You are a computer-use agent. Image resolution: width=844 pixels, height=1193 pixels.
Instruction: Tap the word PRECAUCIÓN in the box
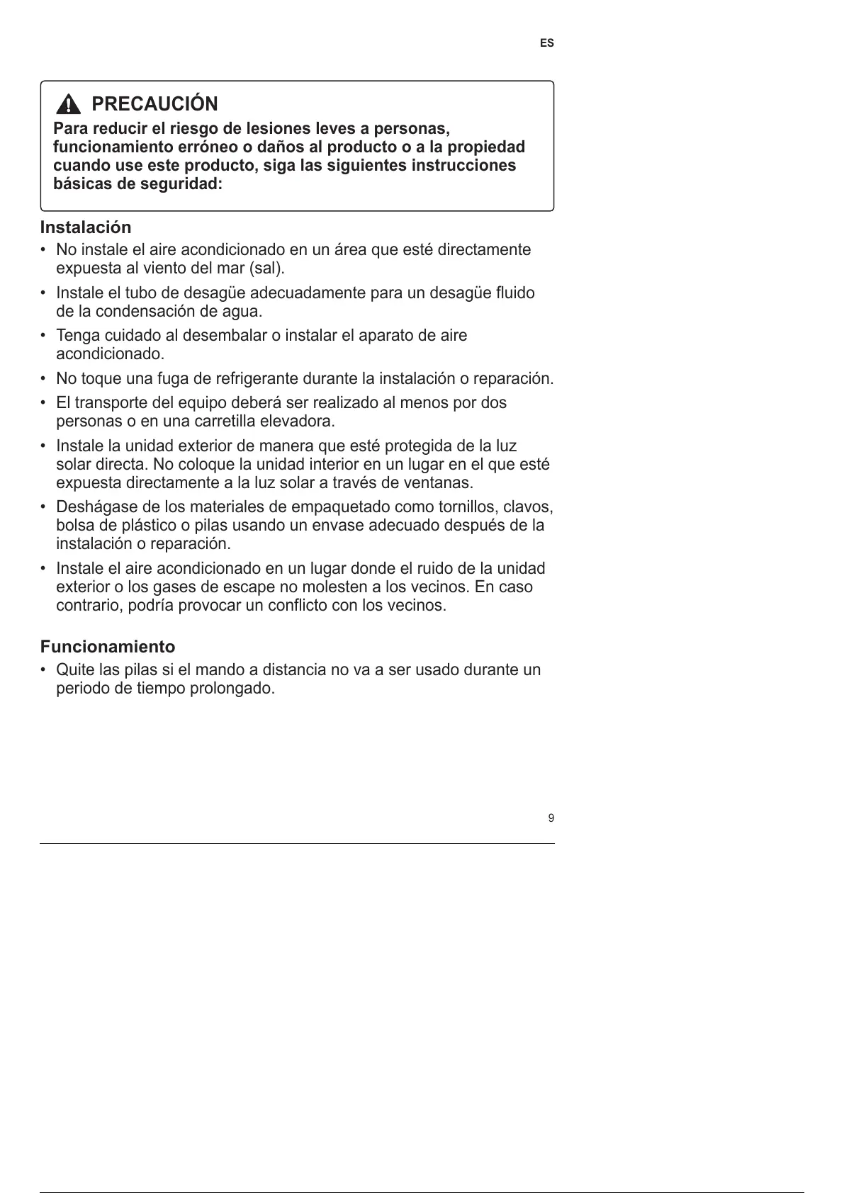pyautogui.click(x=154, y=104)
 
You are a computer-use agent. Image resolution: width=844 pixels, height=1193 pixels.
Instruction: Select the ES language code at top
pyautogui.click(x=546, y=43)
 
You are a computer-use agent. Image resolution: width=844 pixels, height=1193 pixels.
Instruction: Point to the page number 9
pyautogui.click(x=551, y=819)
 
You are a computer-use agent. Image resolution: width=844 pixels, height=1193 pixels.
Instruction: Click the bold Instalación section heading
pyautogui.click(x=86, y=227)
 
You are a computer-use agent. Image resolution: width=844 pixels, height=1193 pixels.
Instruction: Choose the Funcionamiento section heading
pyautogui.click(x=107, y=647)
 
